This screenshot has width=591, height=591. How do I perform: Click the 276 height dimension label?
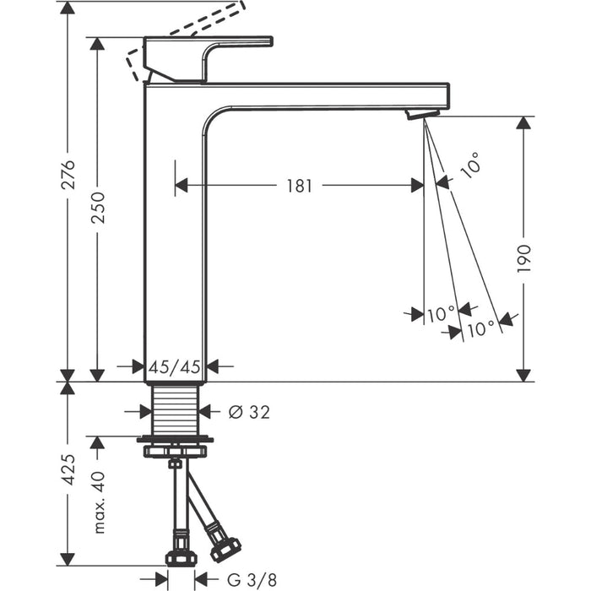68,174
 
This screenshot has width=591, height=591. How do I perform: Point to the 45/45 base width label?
175,366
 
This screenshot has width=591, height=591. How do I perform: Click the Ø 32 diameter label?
249,411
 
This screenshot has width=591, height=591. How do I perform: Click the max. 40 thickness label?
98,502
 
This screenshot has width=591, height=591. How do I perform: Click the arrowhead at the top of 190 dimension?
523,123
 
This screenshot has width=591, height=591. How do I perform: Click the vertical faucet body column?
175,236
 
